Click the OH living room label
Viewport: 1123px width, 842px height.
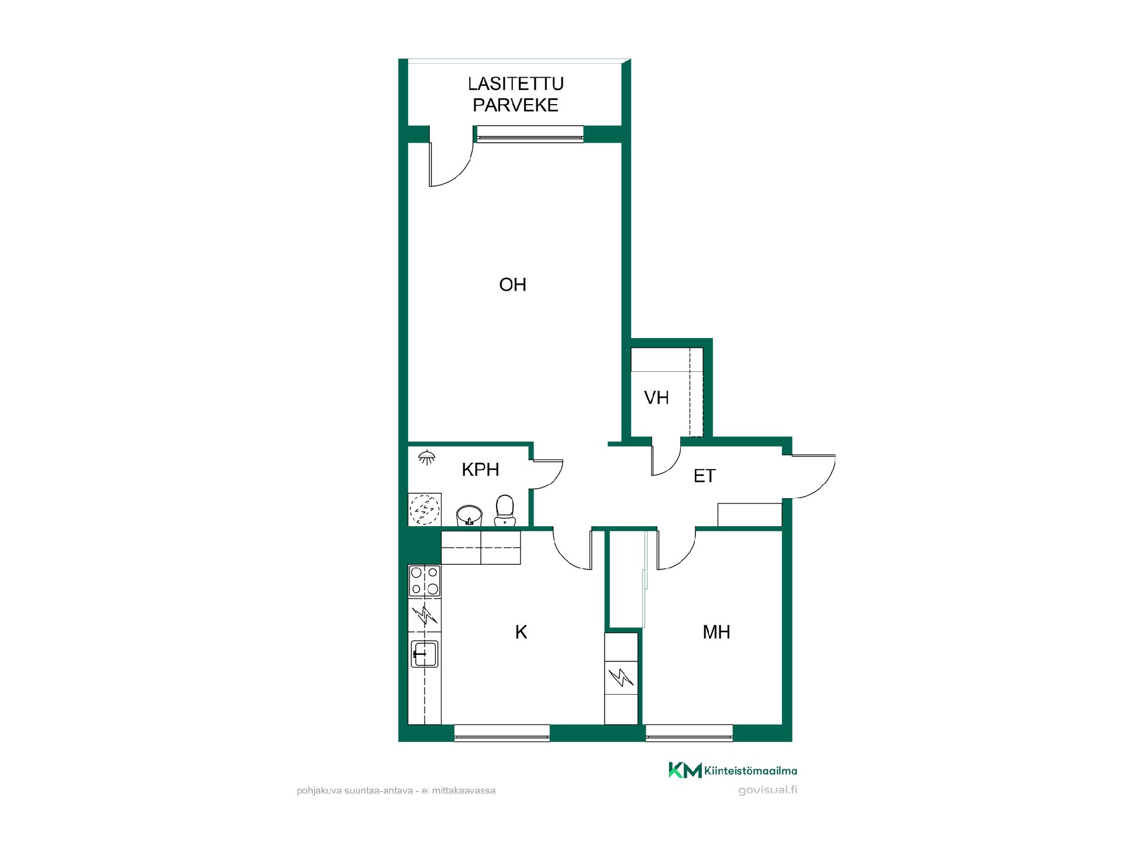click(x=512, y=285)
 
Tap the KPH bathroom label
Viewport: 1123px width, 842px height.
click(x=480, y=470)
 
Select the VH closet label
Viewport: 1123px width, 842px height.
click(x=656, y=398)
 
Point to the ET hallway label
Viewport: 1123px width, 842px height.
click(x=704, y=476)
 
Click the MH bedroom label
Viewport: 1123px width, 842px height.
click(x=716, y=632)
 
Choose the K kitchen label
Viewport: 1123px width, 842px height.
click(x=521, y=632)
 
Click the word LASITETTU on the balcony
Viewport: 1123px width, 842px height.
click(x=516, y=84)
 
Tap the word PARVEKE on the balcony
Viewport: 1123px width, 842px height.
click(x=516, y=105)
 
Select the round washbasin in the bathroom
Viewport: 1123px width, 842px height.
click(x=469, y=516)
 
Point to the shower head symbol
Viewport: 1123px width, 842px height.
click(x=427, y=457)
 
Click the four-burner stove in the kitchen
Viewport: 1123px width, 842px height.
click(x=424, y=581)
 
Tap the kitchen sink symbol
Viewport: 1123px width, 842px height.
click(x=425, y=654)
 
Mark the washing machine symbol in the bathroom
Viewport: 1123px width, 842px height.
click(x=425, y=510)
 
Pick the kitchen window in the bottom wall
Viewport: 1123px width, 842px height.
click(x=502, y=733)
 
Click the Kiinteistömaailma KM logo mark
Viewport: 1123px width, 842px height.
click(x=685, y=770)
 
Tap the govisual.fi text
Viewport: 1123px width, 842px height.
click(x=767, y=791)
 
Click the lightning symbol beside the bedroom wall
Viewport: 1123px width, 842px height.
click(x=621, y=678)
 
